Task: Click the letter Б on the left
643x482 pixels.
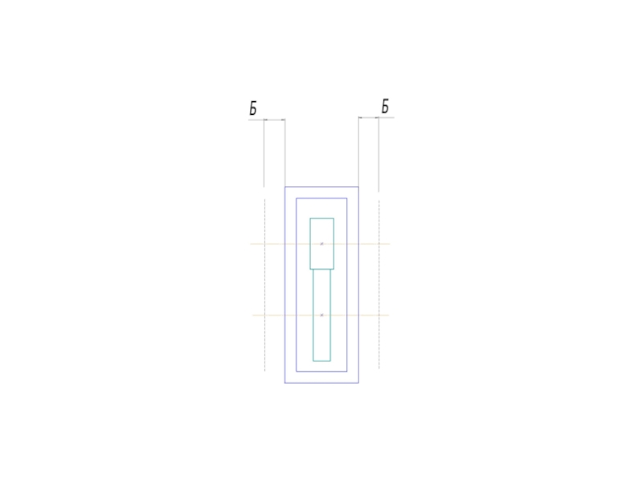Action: pyautogui.click(x=253, y=108)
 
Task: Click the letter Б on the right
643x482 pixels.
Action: pyautogui.click(x=385, y=107)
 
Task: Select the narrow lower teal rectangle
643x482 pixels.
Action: pyautogui.click(x=313, y=316)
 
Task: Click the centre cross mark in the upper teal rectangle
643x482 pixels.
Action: pyautogui.click(x=322, y=244)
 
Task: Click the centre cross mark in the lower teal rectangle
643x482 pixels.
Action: pyautogui.click(x=322, y=315)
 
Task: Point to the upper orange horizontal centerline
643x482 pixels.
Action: pyautogui.click(x=320, y=244)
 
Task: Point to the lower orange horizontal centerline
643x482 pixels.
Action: pyautogui.click(x=321, y=315)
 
